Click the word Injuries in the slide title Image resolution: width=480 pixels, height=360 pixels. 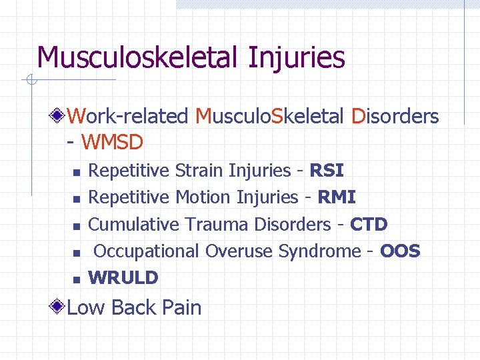(296, 57)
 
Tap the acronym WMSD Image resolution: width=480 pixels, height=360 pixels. (112, 142)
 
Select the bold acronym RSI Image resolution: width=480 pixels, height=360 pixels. (327, 171)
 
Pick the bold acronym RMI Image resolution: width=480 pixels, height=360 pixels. (337, 197)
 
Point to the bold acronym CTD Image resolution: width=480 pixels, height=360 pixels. (368, 224)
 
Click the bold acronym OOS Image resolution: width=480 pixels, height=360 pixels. (400, 251)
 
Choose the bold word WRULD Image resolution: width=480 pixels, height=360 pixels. (123, 277)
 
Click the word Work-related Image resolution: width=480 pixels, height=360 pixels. (128, 116)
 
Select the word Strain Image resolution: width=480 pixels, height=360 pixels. (199, 171)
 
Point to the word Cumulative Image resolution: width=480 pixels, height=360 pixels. (133, 224)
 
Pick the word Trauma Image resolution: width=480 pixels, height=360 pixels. (217, 224)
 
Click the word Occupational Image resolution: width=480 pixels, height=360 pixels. (146, 251)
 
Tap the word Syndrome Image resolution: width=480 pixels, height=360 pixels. (319, 251)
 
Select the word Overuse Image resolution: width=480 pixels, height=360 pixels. (239, 251)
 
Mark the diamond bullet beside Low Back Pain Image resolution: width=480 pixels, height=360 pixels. (59, 307)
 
